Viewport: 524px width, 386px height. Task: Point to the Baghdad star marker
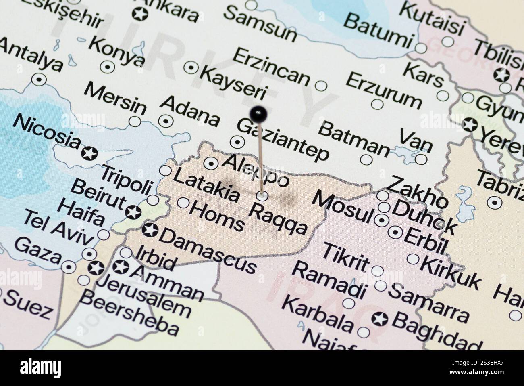(379, 319)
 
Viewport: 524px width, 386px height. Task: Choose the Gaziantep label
(283, 139)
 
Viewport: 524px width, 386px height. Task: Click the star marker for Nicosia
(89, 153)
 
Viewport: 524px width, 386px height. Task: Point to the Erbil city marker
(395, 232)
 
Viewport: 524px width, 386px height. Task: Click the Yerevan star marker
(470, 125)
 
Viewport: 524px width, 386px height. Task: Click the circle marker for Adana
(166, 120)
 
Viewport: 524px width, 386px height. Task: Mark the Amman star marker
(120, 266)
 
